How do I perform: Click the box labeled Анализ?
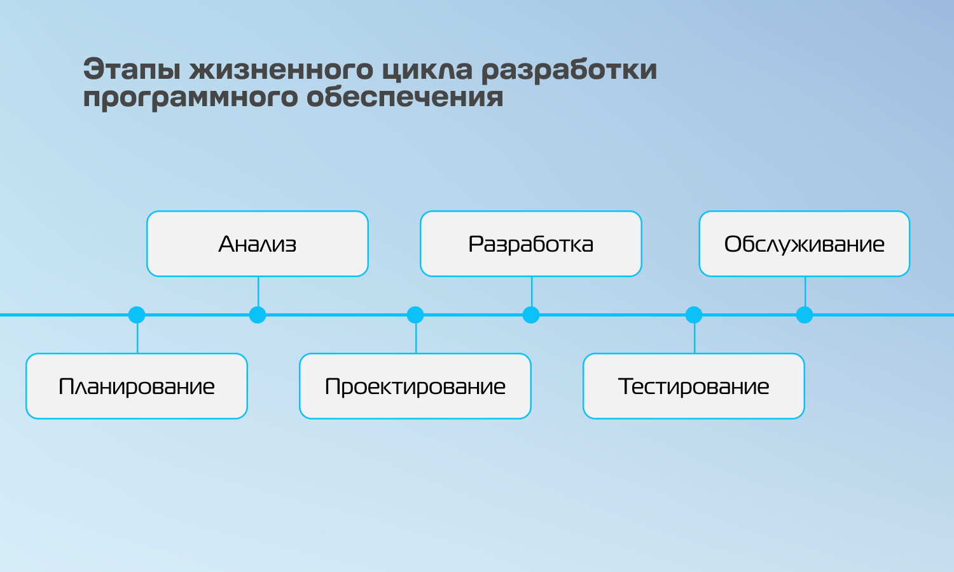257,244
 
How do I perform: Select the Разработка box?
530,244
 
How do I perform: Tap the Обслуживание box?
805,244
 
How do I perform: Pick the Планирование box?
137,386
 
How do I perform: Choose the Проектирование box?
415,386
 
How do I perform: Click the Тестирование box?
694,386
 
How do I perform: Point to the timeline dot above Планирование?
137,315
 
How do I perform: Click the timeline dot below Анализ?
257,315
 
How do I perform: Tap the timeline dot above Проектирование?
415,315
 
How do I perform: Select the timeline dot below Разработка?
530,315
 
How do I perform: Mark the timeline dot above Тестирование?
694,315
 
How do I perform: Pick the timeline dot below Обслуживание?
805,315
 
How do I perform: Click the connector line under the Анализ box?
258,292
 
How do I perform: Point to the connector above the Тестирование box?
695,338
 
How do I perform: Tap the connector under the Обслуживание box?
805,292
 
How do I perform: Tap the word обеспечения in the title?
405,96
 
